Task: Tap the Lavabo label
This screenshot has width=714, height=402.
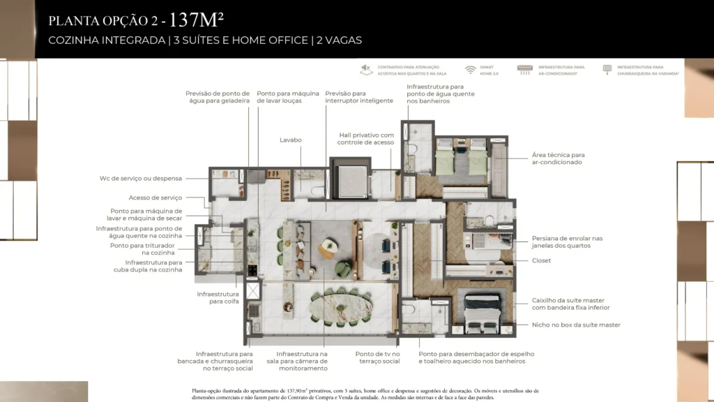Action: (x=291, y=140)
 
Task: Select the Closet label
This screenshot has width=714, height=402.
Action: (x=541, y=260)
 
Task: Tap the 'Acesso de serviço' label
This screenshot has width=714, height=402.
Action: (x=155, y=198)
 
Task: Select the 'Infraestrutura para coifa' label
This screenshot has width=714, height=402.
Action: (x=218, y=298)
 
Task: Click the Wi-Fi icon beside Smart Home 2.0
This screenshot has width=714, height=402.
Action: (x=471, y=70)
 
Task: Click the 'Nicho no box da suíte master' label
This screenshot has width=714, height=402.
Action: (x=576, y=325)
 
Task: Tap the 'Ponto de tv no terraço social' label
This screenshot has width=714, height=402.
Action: (x=377, y=358)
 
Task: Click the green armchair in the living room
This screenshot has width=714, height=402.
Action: (x=343, y=268)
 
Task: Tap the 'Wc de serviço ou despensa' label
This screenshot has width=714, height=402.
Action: (x=140, y=178)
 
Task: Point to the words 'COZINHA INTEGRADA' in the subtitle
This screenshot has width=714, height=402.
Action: (x=107, y=40)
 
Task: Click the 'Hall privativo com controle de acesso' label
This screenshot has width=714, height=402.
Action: (x=366, y=139)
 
